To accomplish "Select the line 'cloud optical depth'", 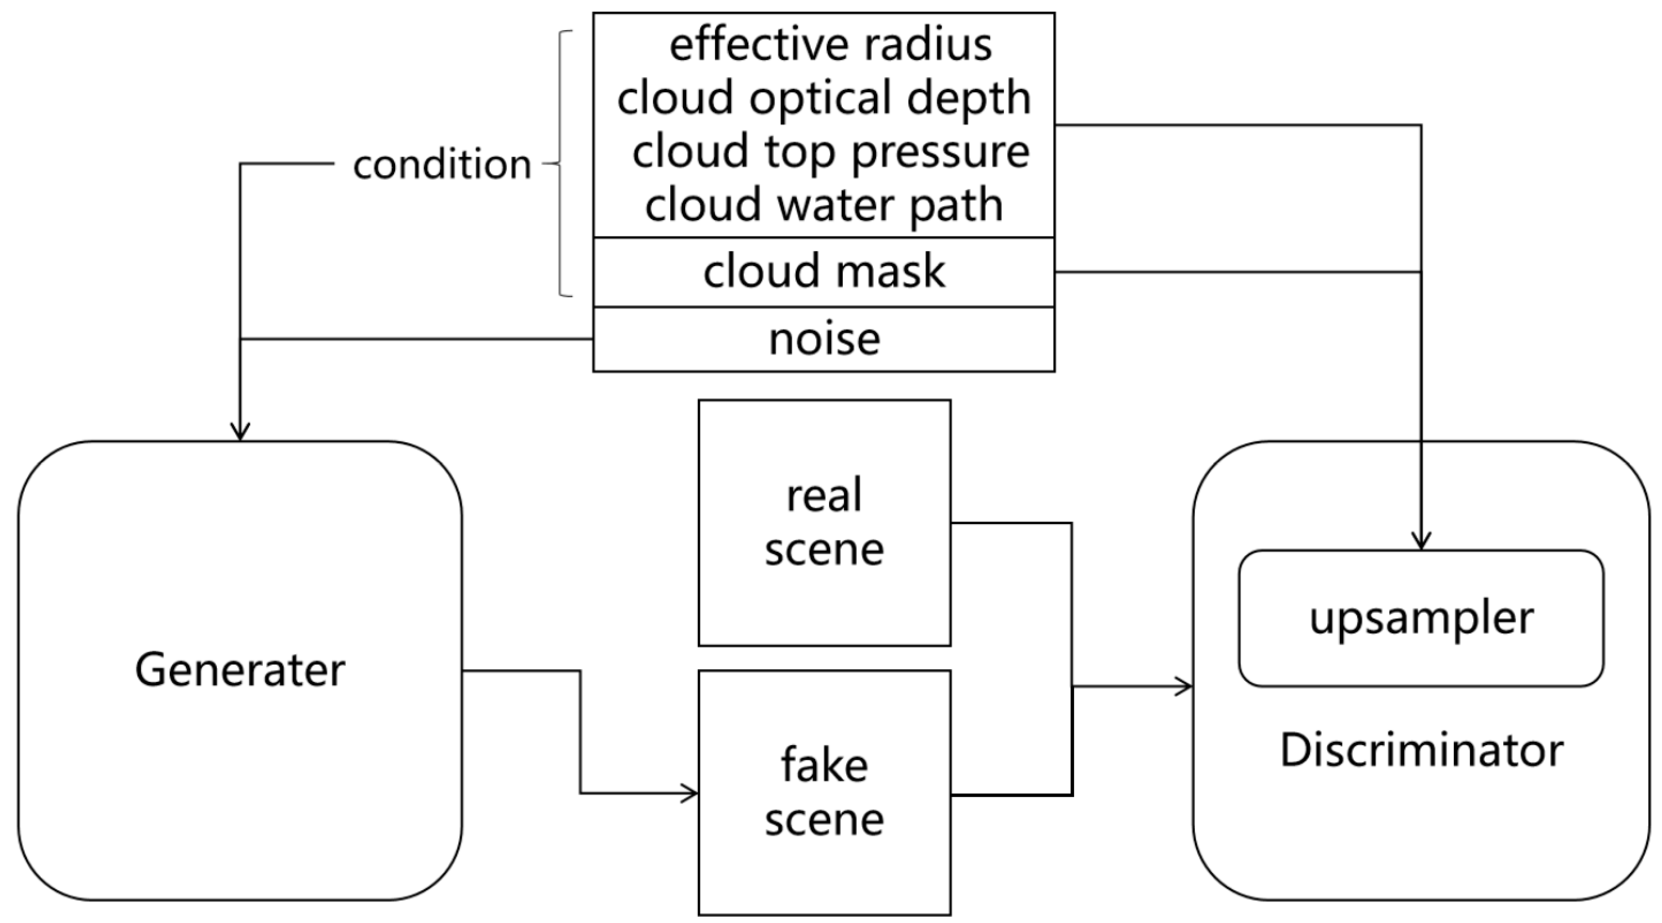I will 824,98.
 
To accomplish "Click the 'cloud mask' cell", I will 824,272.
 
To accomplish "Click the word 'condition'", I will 442,164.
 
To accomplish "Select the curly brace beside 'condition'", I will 560,164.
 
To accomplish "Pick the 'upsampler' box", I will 1422,619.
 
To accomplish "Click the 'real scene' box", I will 824,523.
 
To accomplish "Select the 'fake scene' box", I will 824,793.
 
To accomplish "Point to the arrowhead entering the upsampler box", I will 1422,541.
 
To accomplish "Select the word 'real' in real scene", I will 824,495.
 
